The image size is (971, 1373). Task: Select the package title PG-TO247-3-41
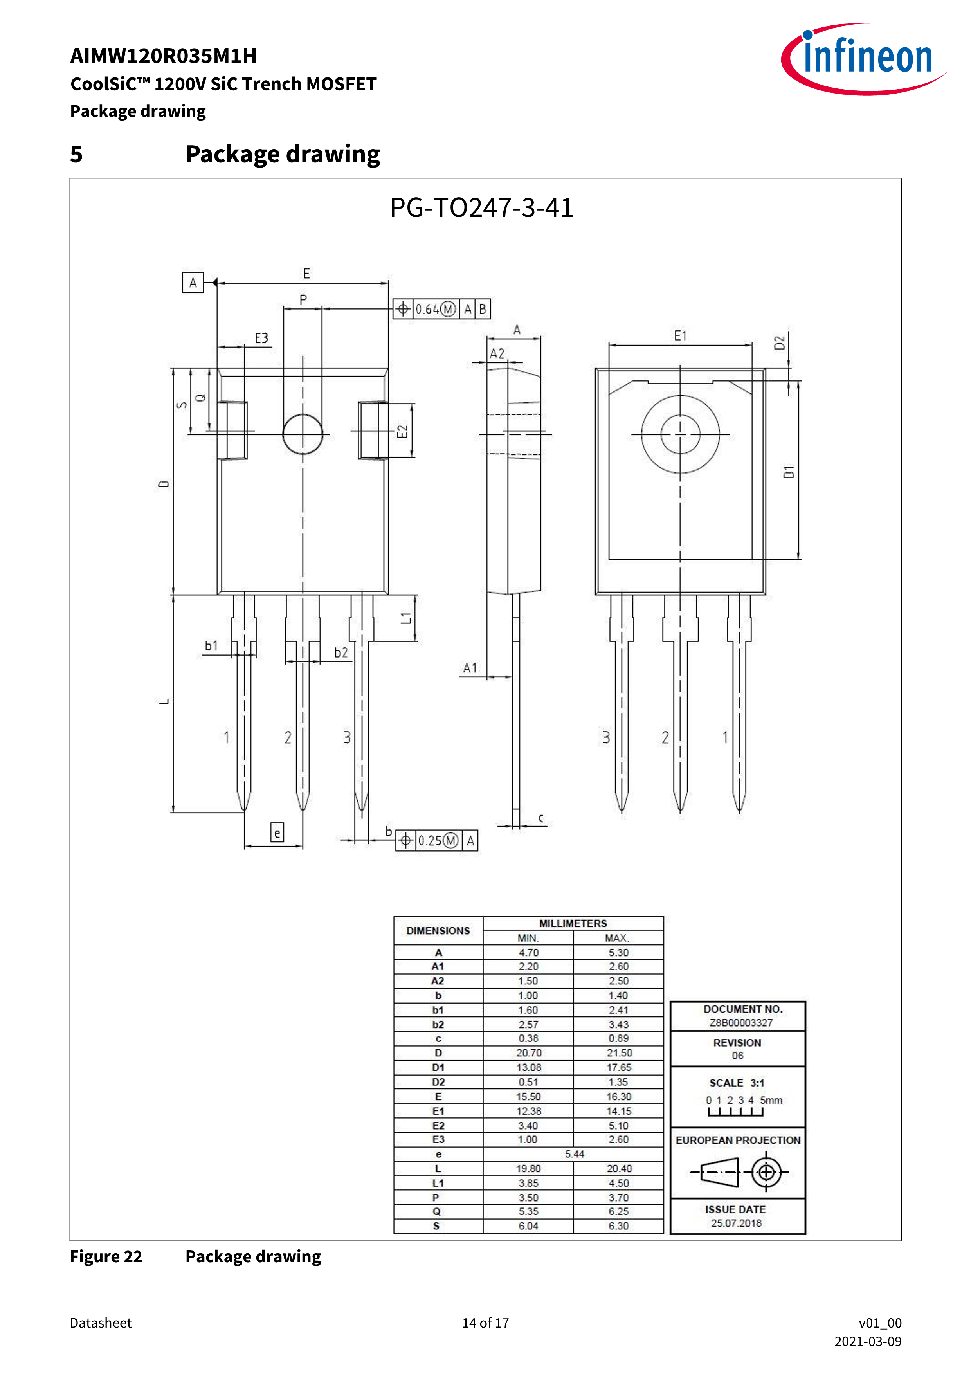[481, 208]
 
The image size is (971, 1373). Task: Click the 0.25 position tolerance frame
[436, 840]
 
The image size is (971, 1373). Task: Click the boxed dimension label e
[277, 832]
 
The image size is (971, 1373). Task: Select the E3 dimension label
[261, 339]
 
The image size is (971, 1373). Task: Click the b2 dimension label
[341, 652]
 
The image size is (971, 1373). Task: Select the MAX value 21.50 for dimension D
[619, 1053]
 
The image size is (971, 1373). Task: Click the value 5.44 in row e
[574, 1154]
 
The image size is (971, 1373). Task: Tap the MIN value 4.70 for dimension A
[528, 953]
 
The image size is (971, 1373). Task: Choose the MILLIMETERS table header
[573, 923]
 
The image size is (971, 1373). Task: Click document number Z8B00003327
[741, 1023]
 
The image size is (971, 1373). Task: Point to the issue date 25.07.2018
[736, 1223]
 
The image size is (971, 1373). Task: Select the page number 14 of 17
[485, 1323]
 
